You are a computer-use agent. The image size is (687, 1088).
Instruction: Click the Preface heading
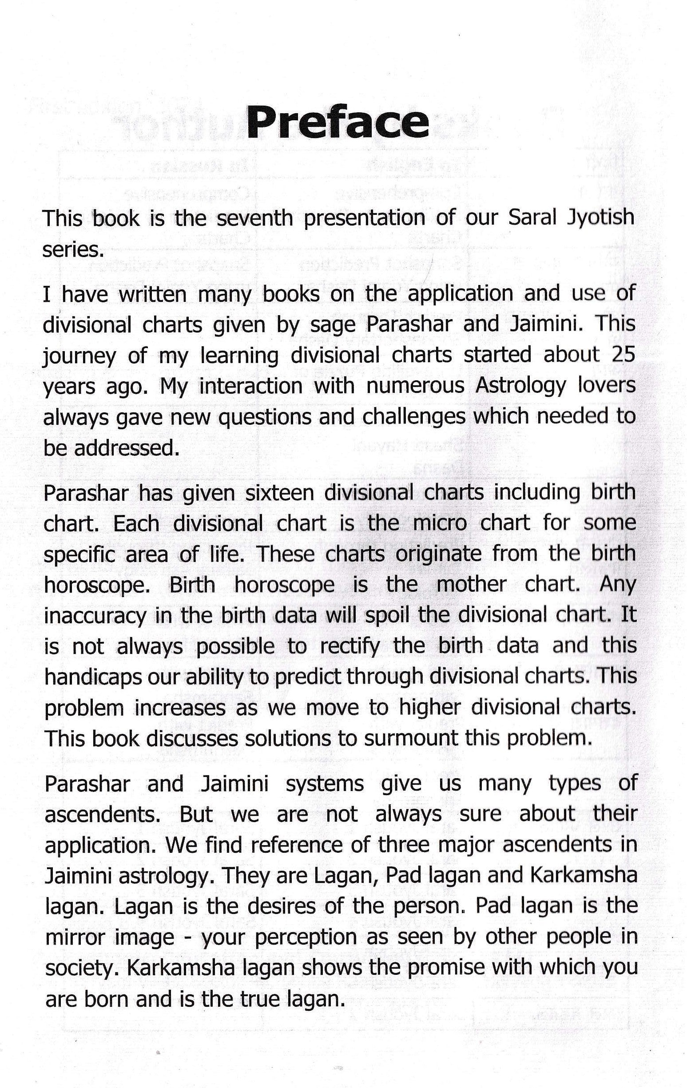click(x=337, y=123)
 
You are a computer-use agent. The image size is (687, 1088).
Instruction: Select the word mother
click(x=471, y=585)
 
